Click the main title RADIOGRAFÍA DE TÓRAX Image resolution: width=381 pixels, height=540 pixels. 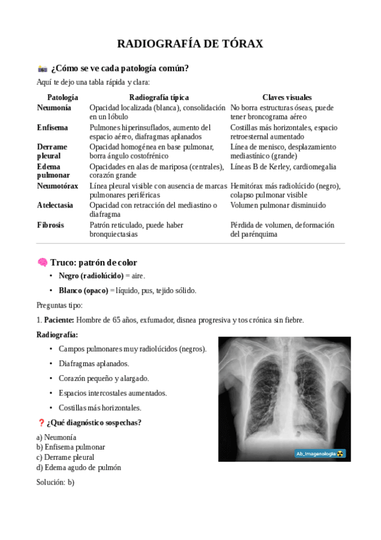190,43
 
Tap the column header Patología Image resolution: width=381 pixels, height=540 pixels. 62,97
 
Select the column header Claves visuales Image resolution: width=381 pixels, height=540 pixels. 287,97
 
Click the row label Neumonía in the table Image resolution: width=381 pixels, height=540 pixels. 54,108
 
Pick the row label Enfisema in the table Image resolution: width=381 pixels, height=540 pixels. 53,127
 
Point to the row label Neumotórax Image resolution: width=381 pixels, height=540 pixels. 58,186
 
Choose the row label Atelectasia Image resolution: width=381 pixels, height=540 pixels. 55,205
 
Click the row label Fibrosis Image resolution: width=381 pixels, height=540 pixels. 51,225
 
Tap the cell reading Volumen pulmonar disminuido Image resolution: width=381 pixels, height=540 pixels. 278,205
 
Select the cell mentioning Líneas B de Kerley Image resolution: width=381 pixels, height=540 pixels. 283,167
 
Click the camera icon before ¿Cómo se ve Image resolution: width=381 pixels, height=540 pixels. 43,69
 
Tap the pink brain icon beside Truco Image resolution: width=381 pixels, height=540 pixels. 42,262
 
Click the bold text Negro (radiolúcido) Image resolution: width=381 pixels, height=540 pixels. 91,276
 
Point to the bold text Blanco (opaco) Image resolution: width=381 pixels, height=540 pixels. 83,290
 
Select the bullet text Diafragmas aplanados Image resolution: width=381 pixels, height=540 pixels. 94,364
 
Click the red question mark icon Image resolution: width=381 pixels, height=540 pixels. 41,423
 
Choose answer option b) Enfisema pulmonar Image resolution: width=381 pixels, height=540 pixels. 71,447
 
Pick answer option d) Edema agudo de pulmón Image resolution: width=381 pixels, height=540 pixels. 78,467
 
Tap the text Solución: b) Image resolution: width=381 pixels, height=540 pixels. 55,482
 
